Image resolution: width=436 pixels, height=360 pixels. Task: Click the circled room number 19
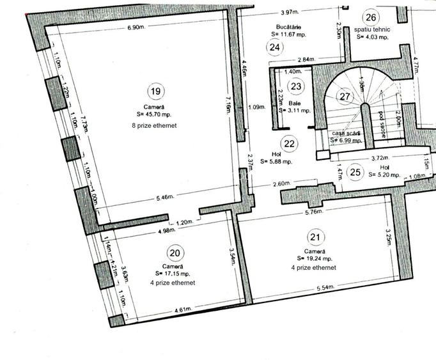pyautogui.click(x=154, y=91)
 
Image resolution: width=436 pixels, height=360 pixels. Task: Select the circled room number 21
pyautogui.click(x=315, y=238)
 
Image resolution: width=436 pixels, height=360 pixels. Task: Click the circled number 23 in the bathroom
pyautogui.click(x=295, y=86)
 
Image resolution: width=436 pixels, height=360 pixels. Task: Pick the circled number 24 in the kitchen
pyautogui.click(x=275, y=47)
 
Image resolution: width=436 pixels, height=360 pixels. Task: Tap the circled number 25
pyautogui.click(x=356, y=171)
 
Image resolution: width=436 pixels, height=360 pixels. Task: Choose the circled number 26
pyautogui.click(x=371, y=17)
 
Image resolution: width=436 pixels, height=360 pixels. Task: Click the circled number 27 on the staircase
pyautogui.click(x=345, y=97)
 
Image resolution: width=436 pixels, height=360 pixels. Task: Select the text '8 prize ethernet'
pyautogui.click(x=154, y=126)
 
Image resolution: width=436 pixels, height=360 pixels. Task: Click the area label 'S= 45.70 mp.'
pyautogui.click(x=154, y=114)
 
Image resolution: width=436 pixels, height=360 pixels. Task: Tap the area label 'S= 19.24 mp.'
pyautogui.click(x=315, y=259)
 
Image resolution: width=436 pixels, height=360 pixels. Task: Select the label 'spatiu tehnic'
pyautogui.click(x=373, y=29)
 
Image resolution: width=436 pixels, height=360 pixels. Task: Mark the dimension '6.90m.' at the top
pyautogui.click(x=137, y=28)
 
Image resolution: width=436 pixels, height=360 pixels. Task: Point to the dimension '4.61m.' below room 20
pyautogui.click(x=184, y=309)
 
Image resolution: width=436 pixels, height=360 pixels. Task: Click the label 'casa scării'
pyautogui.click(x=346, y=133)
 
